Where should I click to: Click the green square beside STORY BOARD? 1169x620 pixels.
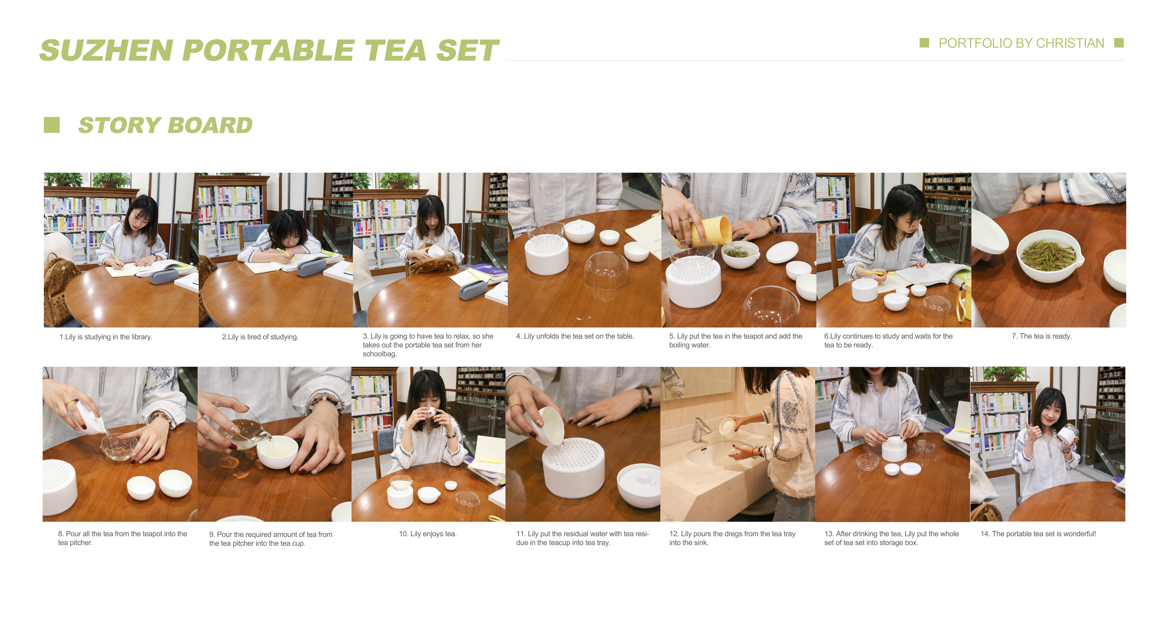(x=52, y=125)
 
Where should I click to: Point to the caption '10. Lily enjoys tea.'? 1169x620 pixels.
(x=428, y=534)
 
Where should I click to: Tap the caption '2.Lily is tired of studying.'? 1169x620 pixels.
(x=260, y=337)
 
